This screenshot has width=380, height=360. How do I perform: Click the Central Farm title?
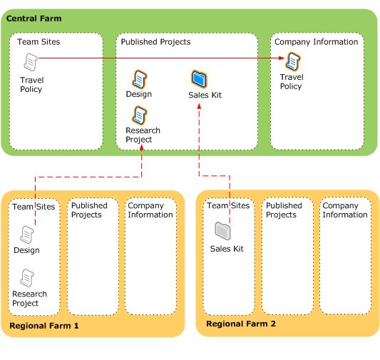point(34,18)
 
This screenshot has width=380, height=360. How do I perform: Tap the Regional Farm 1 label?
point(44,325)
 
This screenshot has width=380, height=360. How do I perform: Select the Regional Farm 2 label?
point(240,324)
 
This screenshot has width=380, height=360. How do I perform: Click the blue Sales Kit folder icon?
point(200,78)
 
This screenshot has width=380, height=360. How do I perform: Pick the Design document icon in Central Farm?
point(139,78)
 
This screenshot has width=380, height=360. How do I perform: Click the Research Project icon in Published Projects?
point(140,115)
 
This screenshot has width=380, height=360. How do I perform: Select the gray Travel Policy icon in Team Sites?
point(31,63)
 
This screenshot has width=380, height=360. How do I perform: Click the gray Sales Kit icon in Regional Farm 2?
point(222,231)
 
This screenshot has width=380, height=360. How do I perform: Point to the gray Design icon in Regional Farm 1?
point(27,234)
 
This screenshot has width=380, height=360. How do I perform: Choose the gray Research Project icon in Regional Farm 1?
point(28,277)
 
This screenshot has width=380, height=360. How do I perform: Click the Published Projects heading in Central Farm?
point(155,42)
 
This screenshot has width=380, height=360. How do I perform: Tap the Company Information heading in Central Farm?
point(316,42)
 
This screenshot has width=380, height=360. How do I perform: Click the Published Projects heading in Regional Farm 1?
point(89,210)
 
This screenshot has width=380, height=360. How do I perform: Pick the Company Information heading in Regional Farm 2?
point(345,210)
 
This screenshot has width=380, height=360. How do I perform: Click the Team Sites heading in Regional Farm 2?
point(228,206)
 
